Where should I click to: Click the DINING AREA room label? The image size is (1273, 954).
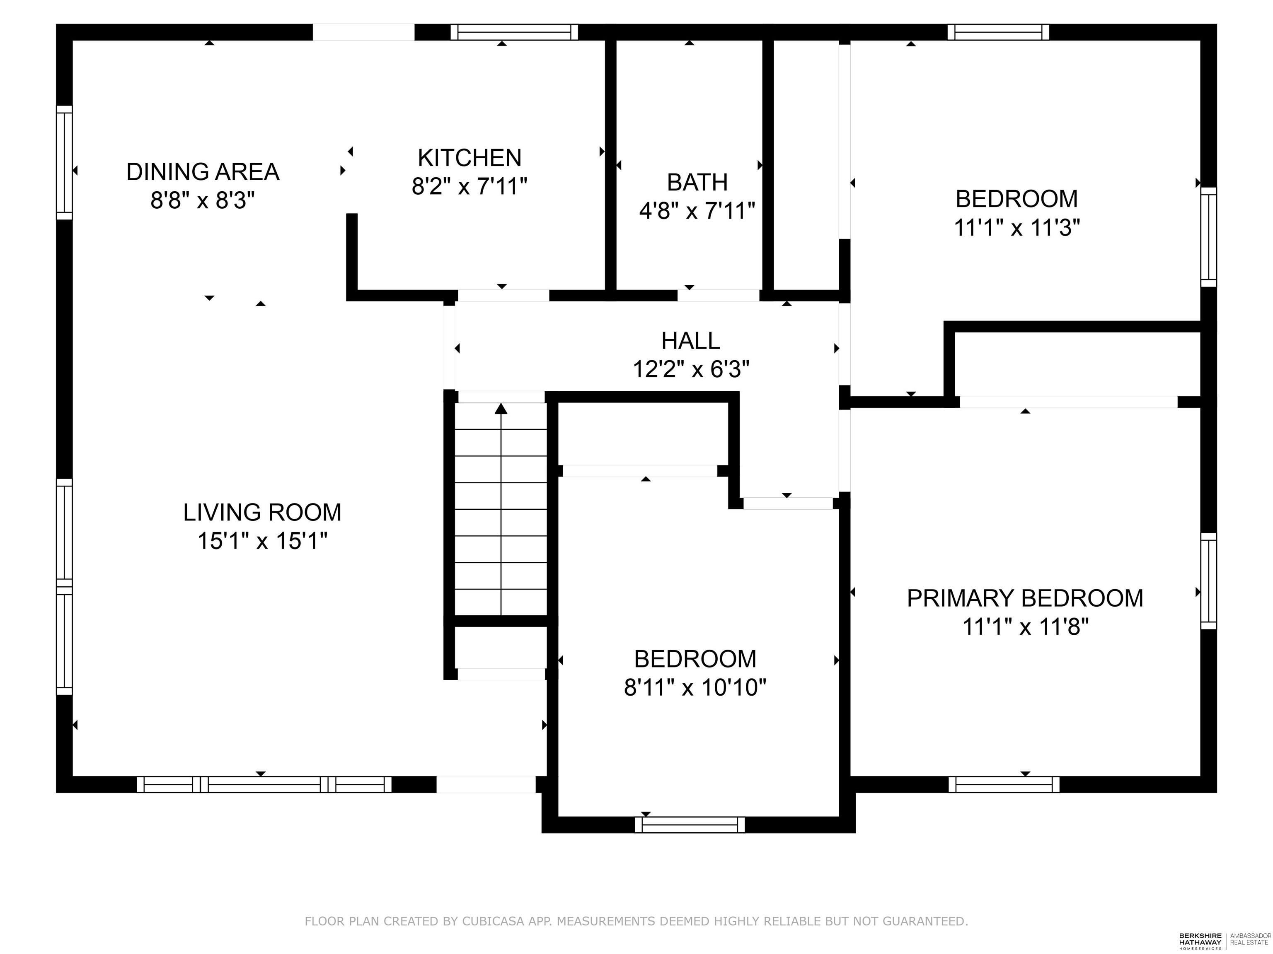pos(203,172)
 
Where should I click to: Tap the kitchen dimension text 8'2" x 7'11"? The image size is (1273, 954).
pos(469,186)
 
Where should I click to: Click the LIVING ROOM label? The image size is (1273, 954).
pos(262,512)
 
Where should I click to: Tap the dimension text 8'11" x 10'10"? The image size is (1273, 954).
pos(695,687)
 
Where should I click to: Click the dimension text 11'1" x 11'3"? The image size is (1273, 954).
pos(1016,228)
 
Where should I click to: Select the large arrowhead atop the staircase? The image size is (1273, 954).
pos(501,409)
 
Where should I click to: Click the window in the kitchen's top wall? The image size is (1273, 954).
pos(514,32)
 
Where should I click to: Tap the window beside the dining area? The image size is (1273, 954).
pos(65,162)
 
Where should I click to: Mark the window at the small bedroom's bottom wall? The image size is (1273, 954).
pos(690,825)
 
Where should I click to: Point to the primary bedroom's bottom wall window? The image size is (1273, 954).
pos(1004,784)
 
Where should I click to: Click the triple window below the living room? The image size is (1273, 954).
pos(264,784)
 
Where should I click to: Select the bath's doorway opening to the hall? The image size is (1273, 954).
pos(718,296)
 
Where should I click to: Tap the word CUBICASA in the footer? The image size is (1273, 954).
pos(493,921)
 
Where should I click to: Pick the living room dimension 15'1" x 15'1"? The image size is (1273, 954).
pos(262,541)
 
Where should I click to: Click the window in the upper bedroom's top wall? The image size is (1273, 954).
pos(998,32)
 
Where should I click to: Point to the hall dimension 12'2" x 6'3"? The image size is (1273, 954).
pos(691,369)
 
